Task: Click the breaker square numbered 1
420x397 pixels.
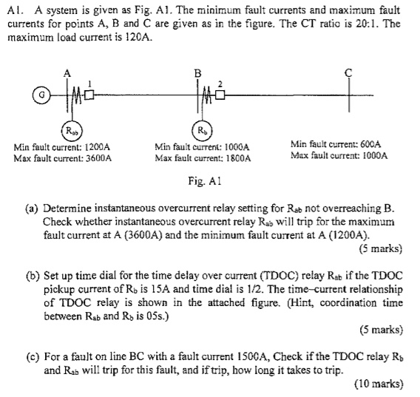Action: click(x=90, y=96)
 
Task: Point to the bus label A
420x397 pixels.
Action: click(x=68, y=72)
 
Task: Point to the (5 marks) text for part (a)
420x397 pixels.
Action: click(x=380, y=247)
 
